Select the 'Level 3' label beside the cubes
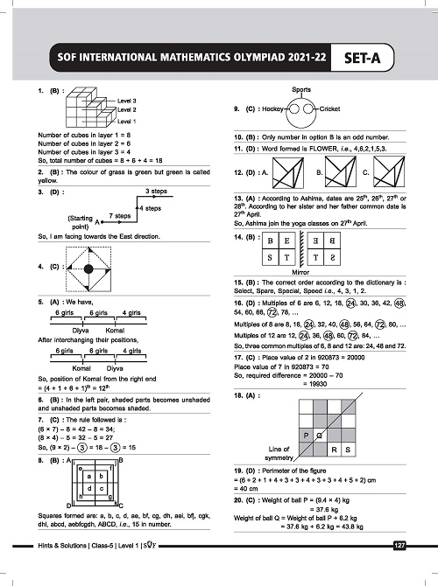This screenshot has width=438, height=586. pyautogui.click(x=128, y=101)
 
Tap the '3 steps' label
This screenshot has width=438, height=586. pyautogui.click(x=158, y=191)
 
